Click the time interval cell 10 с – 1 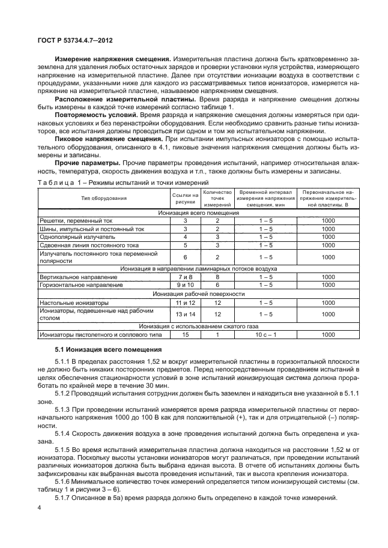tap(265, 334)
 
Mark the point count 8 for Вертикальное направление tap(218, 277)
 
